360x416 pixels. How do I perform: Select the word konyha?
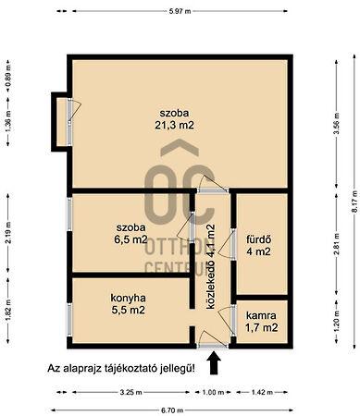[x=125, y=299]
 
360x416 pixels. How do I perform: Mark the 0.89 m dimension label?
[x=7, y=73]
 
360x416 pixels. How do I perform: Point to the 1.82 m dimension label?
[x=7, y=309]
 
